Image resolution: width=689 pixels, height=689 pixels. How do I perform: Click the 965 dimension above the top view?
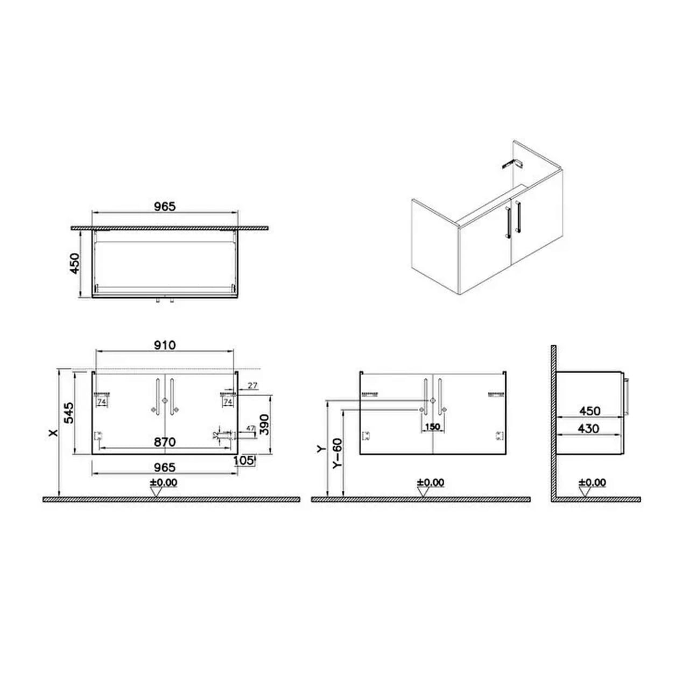click(165, 206)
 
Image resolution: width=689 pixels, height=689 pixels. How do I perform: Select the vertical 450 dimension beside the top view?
click(75, 263)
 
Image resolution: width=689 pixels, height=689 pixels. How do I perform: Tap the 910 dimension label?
click(165, 345)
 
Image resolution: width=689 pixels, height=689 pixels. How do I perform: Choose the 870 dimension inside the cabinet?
click(165, 442)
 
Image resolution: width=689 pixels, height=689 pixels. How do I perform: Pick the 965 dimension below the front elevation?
click(165, 468)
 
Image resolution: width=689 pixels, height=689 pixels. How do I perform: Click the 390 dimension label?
click(264, 424)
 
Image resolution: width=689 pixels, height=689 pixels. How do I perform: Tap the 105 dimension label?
click(244, 460)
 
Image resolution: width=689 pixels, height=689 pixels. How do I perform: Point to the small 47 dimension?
click(250, 428)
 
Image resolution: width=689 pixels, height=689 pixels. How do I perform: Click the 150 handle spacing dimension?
click(432, 427)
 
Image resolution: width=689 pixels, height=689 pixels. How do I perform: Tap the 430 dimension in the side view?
click(588, 428)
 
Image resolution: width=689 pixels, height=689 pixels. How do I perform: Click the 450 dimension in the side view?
click(589, 411)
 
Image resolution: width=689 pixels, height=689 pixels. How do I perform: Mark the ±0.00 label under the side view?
click(592, 482)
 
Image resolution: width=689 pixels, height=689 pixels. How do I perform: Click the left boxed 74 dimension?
click(101, 402)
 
